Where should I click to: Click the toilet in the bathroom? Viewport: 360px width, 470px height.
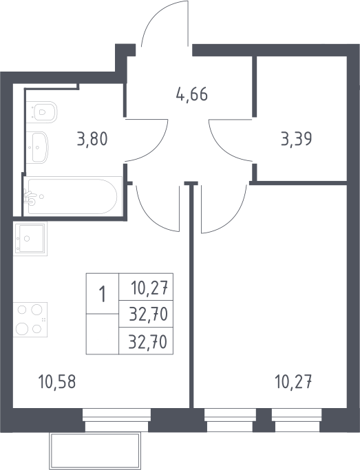point(41,111)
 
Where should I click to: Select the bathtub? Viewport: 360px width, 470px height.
point(72,196)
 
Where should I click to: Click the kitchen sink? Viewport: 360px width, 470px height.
point(30,239)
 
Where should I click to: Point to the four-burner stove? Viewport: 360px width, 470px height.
point(30,319)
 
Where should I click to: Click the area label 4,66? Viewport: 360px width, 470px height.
point(192,94)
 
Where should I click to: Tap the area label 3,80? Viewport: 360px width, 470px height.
point(92,140)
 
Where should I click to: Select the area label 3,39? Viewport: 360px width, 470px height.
point(297,139)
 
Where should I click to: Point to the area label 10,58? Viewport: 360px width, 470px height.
point(57,382)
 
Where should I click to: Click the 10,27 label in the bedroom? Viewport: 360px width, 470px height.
point(293,382)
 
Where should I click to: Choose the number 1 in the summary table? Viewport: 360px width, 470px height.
point(103,294)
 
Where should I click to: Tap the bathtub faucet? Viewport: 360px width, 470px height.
point(30,197)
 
